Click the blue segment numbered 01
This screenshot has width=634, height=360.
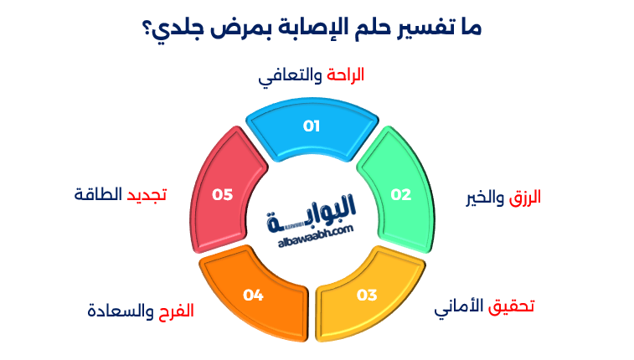point(312,128)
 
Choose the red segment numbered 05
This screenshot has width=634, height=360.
point(221,194)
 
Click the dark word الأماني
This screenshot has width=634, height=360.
point(459,306)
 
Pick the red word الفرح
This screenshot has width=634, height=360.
point(177,311)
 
